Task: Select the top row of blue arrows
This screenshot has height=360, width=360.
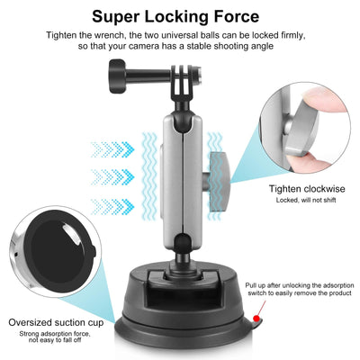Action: click(112, 145)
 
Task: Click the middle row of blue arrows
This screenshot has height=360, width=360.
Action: click(112, 175)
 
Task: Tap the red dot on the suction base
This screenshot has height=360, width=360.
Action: click(258, 320)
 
